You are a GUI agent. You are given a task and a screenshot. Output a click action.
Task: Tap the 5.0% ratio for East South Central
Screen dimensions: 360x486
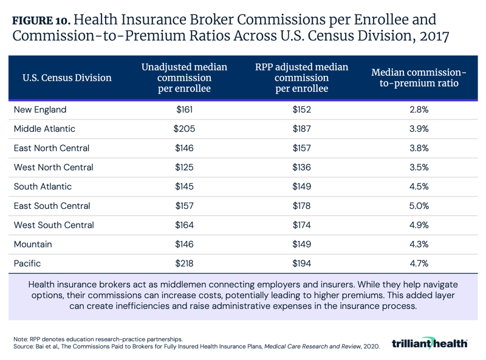(x=418, y=206)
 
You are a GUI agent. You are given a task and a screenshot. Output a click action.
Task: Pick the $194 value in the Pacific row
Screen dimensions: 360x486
(x=301, y=263)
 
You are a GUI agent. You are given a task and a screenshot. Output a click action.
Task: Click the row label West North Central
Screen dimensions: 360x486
(x=53, y=167)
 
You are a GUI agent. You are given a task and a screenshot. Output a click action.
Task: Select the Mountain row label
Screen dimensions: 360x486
(x=33, y=244)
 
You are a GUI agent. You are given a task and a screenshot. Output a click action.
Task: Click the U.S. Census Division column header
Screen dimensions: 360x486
(x=67, y=78)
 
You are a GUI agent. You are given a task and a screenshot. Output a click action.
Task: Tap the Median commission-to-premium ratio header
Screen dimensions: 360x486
(x=418, y=78)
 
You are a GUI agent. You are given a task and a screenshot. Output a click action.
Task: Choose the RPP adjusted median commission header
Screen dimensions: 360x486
(x=301, y=78)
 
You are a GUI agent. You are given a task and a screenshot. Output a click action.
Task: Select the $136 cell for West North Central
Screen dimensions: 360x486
(x=301, y=167)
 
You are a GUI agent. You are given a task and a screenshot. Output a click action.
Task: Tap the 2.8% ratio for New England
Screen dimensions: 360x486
(x=418, y=110)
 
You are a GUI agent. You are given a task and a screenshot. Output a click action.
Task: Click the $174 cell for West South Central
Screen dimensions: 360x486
(x=301, y=225)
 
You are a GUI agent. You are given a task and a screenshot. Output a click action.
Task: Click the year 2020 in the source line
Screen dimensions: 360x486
(x=369, y=347)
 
